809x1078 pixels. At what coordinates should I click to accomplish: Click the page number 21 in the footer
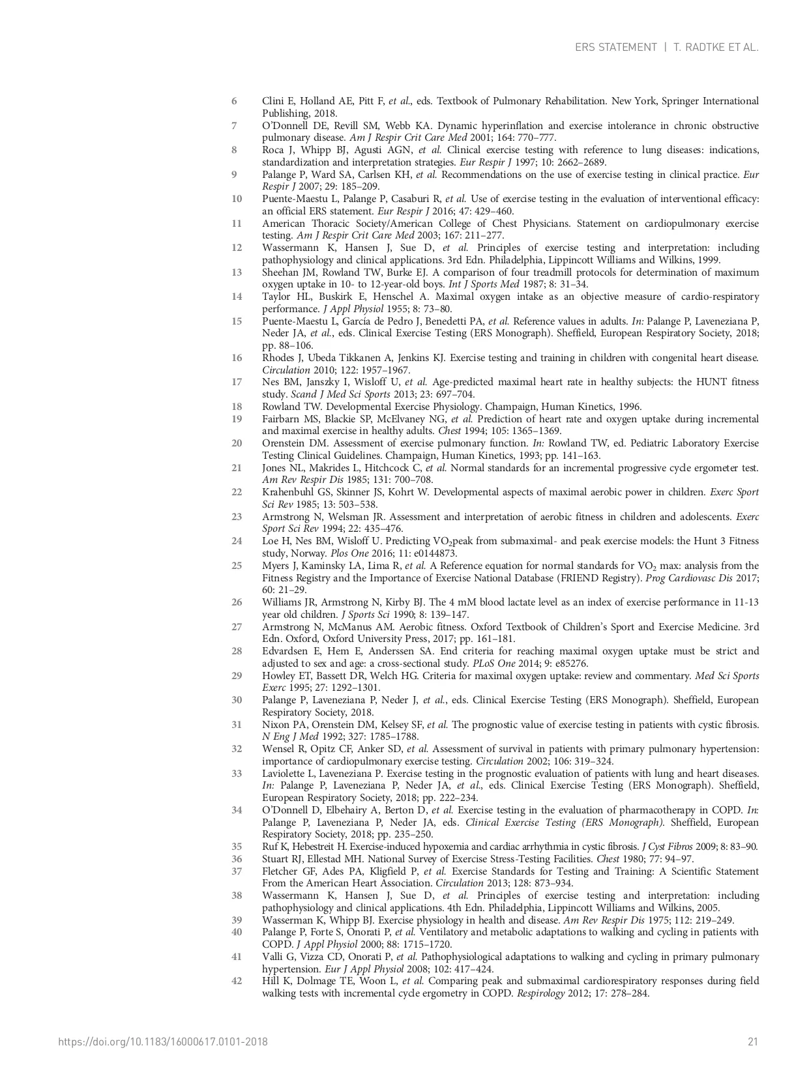(x=753, y=1042)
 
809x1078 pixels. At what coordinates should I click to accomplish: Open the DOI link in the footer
(x=163, y=1042)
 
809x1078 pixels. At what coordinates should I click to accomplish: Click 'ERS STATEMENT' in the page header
(x=615, y=48)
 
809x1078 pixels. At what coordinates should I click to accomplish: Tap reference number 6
(x=234, y=101)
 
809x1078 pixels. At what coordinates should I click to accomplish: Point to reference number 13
(x=236, y=272)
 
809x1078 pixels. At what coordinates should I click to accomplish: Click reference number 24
(x=236, y=541)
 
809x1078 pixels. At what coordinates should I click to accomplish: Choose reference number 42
(x=236, y=981)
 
